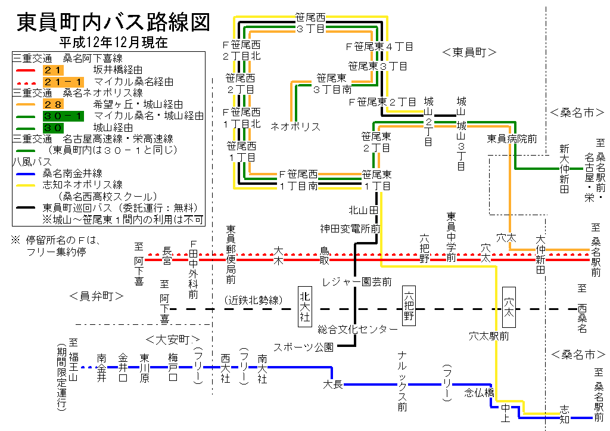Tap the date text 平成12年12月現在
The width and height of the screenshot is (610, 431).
click(113, 42)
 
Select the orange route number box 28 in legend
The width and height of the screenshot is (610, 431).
click(53, 104)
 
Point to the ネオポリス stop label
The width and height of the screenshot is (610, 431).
click(295, 126)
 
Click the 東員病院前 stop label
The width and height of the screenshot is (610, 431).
click(512, 138)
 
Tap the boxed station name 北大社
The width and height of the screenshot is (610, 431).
click(305, 305)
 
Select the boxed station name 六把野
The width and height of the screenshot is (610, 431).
click(409, 305)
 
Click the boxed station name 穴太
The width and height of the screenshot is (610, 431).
click(509, 305)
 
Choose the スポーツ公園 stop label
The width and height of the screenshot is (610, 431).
click(303, 346)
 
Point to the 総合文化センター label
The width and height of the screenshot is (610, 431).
click(357, 329)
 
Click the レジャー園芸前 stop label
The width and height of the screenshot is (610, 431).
click(357, 281)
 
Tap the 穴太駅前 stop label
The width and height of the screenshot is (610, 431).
click(488, 336)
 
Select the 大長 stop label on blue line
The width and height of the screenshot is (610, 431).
click(333, 384)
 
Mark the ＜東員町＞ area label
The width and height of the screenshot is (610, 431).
click(469, 52)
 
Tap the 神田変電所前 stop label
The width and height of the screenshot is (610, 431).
click(350, 228)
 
